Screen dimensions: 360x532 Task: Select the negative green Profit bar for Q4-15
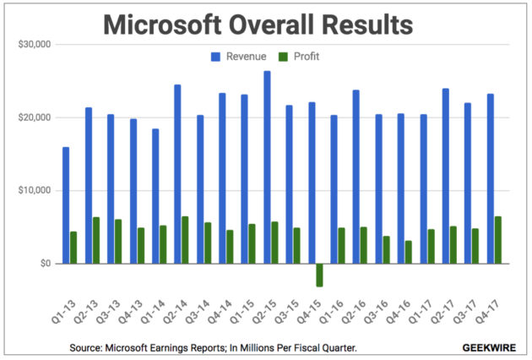(x=319, y=275)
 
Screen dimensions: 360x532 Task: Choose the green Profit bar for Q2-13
(x=96, y=240)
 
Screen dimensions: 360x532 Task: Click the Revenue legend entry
(x=242, y=57)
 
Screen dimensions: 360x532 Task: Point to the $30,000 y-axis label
(x=35, y=44)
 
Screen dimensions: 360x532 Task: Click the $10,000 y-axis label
(x=35, y=190)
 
